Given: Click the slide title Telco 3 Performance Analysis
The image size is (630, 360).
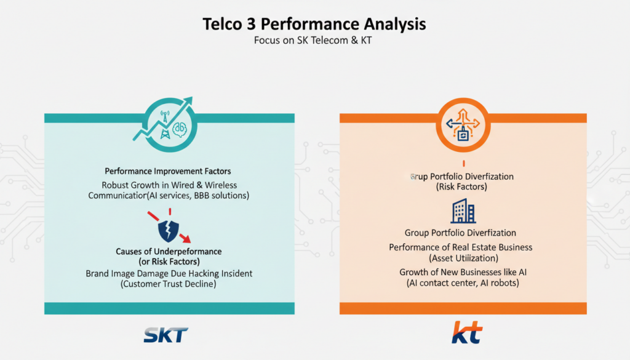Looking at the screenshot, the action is coord(314,24).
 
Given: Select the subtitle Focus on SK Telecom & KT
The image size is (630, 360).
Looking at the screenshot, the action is coord(313,40).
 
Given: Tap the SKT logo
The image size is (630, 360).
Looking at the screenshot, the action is coord(166,335).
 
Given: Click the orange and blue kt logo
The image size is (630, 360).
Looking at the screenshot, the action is coord(467,332).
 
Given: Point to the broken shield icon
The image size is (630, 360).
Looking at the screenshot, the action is coord(169,231).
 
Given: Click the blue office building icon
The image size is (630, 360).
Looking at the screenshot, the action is coord(463,211).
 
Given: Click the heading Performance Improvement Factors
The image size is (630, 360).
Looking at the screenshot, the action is coord(168,171).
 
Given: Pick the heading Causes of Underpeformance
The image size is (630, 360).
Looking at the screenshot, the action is coord(169,252).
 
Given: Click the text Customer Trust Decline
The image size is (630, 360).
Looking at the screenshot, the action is coord(169,284).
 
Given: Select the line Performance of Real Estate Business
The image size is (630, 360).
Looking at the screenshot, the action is coord(460,247).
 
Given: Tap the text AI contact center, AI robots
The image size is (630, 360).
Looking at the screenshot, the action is coord(463,283).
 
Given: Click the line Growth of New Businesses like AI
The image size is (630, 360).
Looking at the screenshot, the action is coord(463,272).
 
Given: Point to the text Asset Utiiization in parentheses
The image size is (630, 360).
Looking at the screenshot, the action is coord(464,258).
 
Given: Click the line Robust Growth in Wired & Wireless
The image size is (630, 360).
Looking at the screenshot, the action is coord(169,185).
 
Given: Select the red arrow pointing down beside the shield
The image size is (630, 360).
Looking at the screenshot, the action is coord(185,238).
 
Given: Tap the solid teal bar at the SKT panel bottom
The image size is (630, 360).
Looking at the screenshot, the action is coord(169,308).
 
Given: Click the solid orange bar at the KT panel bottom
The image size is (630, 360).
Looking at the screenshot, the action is coord(463,308).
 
